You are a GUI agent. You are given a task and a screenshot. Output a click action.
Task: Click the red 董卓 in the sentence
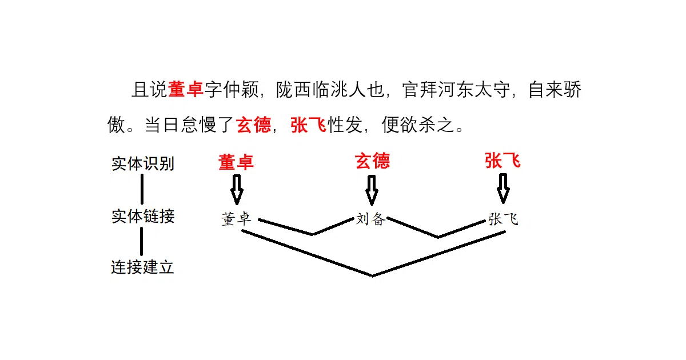186,89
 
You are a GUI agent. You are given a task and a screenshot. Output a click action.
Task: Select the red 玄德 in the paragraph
254,125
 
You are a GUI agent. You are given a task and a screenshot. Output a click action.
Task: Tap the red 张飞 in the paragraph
308,125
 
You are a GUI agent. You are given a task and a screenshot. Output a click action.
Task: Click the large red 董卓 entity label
236,162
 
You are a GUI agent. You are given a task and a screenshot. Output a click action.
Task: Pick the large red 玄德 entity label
372,161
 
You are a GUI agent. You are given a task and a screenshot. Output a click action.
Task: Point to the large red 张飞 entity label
503,161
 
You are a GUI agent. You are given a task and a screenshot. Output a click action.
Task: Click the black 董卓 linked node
236,219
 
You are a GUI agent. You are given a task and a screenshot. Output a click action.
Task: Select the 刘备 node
370,219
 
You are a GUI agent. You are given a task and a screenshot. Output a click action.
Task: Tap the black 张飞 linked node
503,219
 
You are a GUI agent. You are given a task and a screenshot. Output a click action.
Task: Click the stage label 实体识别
143,164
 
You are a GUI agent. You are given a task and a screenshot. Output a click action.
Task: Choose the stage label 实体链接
143,217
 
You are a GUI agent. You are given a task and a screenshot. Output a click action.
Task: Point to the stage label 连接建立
142,267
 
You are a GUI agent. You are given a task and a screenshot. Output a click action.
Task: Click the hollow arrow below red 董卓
237,190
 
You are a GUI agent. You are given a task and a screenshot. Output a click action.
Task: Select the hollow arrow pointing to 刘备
372,190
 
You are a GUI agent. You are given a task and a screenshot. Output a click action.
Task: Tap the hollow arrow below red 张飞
503,189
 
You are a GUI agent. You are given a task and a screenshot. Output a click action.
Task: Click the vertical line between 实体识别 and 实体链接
142,189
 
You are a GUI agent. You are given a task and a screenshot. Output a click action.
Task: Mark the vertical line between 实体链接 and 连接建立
142,242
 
